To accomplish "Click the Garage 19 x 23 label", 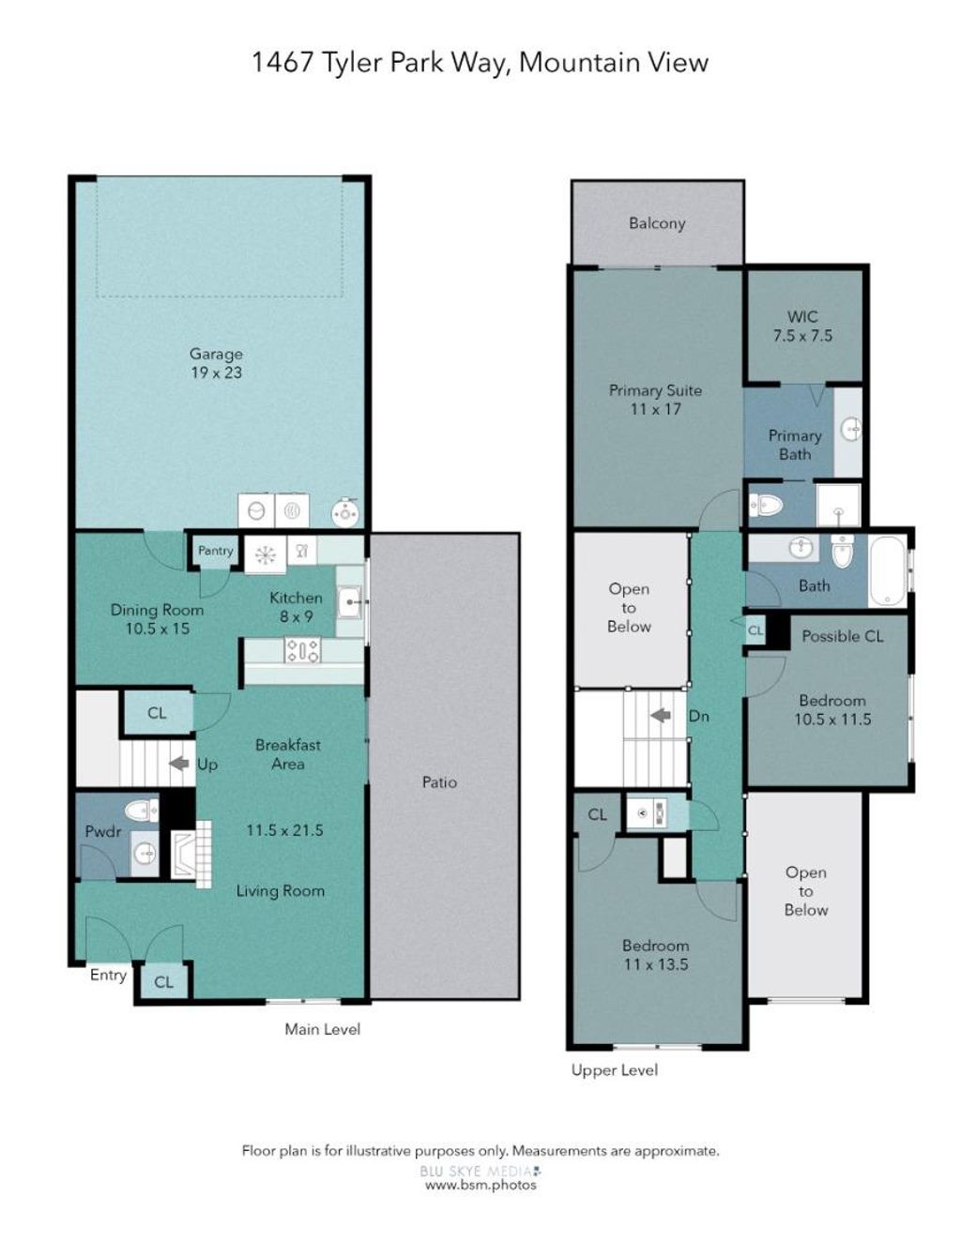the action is [216, 364].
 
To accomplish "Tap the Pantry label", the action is [216, 551].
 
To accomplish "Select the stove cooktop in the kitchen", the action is [302, 650].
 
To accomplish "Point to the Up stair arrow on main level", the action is [179, 763].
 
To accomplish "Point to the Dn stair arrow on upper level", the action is [661, 715].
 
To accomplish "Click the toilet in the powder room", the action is [141, 810].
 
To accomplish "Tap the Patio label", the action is [439, 782].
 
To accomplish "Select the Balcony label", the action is [657, 223].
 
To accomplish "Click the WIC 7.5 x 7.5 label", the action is [802, 326].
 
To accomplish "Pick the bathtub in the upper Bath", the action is [887, 569].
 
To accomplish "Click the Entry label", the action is [108, 975].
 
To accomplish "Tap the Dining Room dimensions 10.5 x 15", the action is [158, 629].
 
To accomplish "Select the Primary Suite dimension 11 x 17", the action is [655, 409].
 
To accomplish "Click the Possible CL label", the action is [842, 636].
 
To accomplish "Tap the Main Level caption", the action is [323, 1029].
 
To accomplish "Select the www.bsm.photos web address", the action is [480, 1184].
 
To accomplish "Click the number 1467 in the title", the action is [282, 62].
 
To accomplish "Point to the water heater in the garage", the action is [346, 513].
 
